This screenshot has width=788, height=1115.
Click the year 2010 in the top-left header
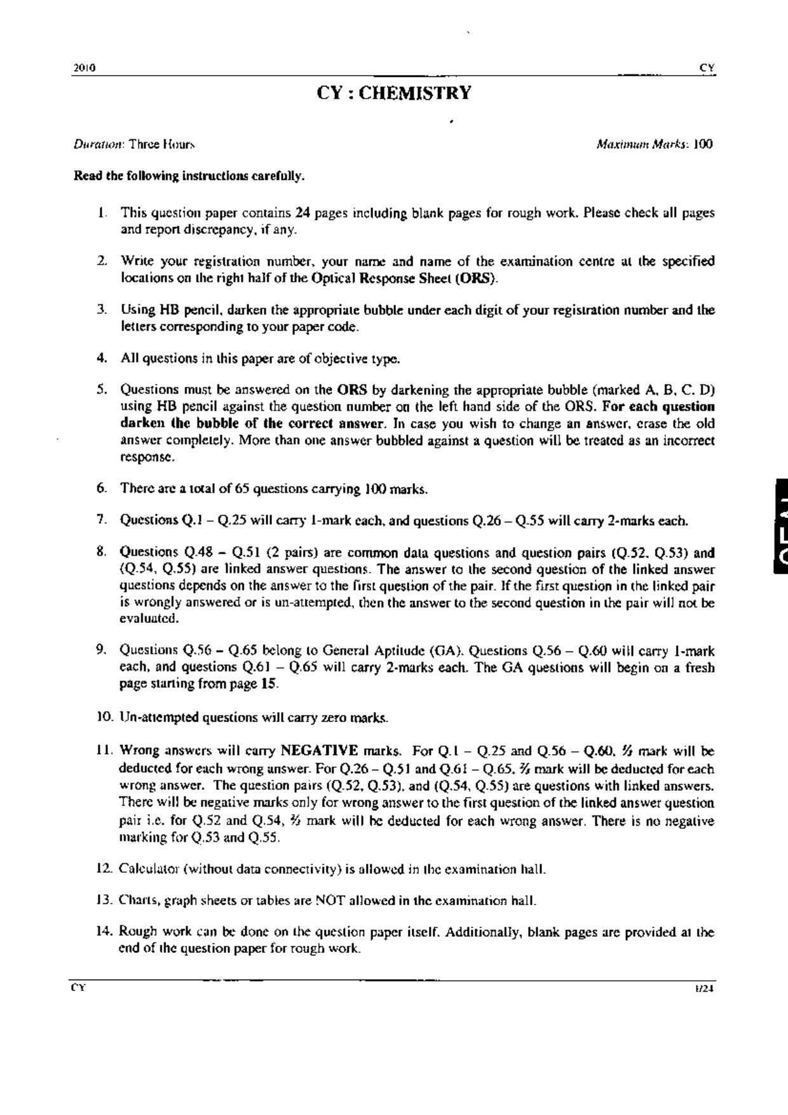coord(85,68)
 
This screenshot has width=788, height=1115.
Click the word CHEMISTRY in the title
coord(416,93)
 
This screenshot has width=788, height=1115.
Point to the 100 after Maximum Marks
coord(703,144)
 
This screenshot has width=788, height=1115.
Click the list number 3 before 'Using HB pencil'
coord(101,310)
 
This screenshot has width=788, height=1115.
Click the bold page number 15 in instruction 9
coord(269,684)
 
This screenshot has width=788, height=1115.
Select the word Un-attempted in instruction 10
coord(159,718)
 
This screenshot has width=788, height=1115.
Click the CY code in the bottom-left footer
coord(78,988)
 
